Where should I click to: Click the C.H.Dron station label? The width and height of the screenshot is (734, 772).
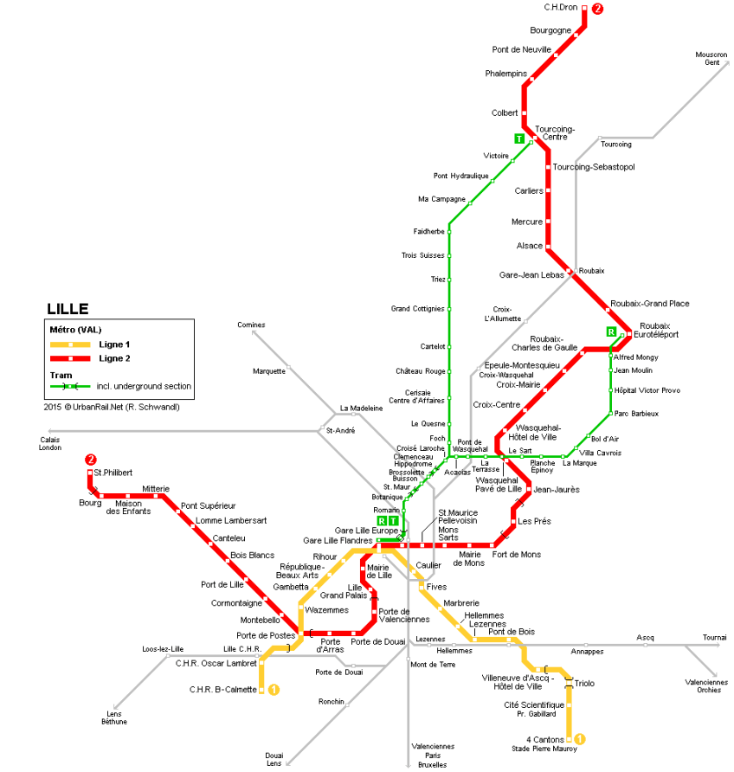coord(560,8)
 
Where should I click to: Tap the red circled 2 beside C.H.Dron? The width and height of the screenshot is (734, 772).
coord(596,10)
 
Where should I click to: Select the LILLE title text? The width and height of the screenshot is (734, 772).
coord(68,309)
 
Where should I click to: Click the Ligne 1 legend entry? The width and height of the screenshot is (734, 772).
coord(113,344)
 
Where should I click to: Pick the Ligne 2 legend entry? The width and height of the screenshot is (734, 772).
coord(113,358)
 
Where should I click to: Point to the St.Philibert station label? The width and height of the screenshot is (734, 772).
coord(113,472)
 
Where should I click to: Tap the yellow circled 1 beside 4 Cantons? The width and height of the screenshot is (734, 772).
coord(580,739)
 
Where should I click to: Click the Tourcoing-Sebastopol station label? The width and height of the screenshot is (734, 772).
coord(594,167)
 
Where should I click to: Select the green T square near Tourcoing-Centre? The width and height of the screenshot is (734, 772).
coord(518,138)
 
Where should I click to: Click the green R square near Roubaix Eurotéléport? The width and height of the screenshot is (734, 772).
coord(611,331)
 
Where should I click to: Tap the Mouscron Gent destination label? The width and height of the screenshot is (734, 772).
coord(711,59)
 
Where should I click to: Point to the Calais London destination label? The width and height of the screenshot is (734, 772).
coord(49,443)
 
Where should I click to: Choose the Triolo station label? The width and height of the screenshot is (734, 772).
coord(584,684)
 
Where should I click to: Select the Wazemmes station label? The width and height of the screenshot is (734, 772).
coord(327,610)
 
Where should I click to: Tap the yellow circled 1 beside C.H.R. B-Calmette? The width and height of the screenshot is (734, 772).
coord(274,690)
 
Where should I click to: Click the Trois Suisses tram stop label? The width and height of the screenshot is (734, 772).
coord(422,255)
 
